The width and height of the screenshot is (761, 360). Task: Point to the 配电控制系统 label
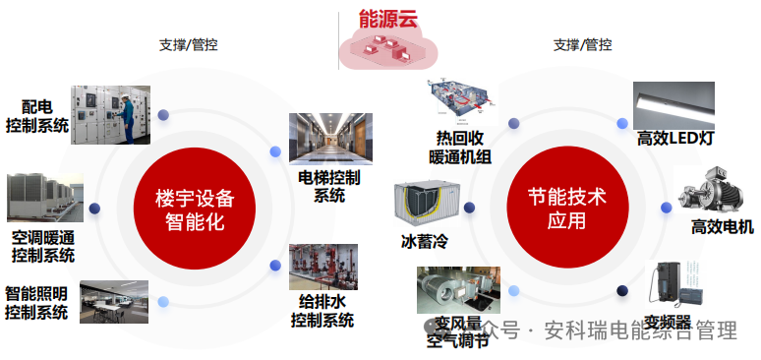coord(36,115)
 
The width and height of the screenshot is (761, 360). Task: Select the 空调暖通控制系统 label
coord(43,246)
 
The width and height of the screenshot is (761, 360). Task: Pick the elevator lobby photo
coord(329,139)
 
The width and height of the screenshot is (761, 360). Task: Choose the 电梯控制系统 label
coord(329,186)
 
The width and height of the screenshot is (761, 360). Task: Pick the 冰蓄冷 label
coord(424,240)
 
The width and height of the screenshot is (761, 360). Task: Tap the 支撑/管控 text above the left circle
coord(188,44)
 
